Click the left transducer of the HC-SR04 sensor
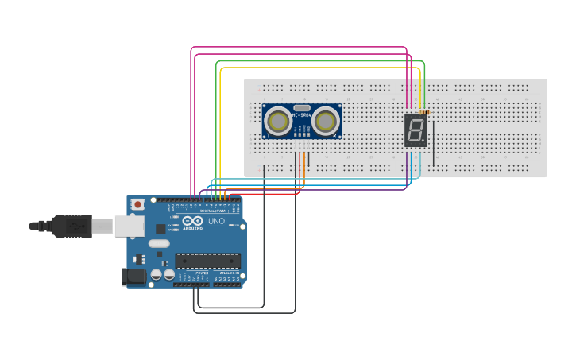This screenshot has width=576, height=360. pyautogui.click(x=278, y=121)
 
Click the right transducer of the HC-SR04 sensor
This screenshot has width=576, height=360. pyautogui.click(x=325, y=121)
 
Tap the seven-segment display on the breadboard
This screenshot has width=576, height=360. pyautogui.click(x=416, y=130)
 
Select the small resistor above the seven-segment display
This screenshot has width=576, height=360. pyautogui.click(x=423, y=113)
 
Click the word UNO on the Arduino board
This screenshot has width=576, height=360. pyautogui.click(x=216, y=221)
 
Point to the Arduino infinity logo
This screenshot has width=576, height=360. pyautogui.click(x=193, y=221)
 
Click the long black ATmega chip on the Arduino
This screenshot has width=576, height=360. pyautogui.click(x=207, y=260)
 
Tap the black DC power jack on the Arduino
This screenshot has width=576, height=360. pyautogui.click(x=133, y=276)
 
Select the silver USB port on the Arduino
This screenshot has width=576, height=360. pyautogui.click(x=128, y=226)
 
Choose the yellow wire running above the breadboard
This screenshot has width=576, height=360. pyautogui.click(x=318, y=68)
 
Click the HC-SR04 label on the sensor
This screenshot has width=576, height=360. pyautogui.click(x=301, y=116)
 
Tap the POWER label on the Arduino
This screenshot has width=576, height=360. pyautogui.click(x=202, y=273)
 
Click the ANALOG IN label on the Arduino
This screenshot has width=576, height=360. pyautogui.click(x=227, y=273)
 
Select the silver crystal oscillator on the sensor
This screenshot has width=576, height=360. pyautogui.click(x=302, y=107)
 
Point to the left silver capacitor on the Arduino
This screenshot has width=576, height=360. pyautogui.click(x=156, y=274)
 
